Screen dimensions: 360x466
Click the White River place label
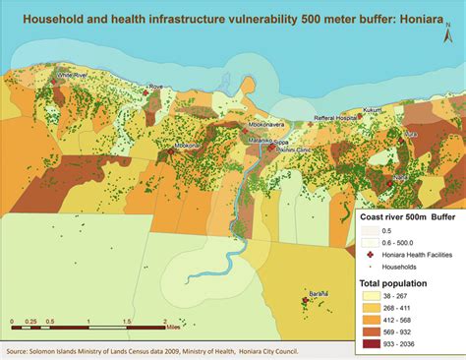[x=72, y=74]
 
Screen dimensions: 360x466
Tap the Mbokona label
[x=189, y=147]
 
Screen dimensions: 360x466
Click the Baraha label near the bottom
[x=318, y=294]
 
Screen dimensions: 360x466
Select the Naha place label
[x=400, y=177]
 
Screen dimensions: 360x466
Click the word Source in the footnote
[x=21, y=350]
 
